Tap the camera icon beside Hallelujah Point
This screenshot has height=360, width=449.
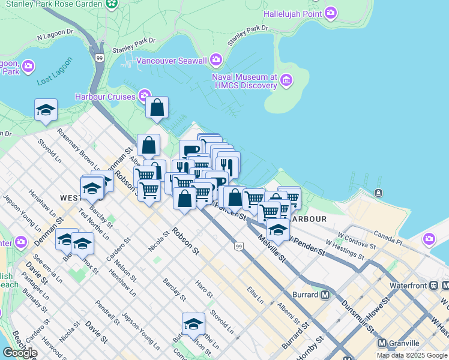[331, 13]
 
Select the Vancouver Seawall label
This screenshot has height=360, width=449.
[171, 60]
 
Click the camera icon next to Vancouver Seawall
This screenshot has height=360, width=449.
[216, 60]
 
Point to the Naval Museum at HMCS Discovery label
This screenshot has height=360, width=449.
[244, 81]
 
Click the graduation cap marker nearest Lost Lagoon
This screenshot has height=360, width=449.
[46, 110]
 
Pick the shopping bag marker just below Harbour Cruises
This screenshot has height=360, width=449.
[157, 108]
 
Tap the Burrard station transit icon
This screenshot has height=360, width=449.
[325, 295]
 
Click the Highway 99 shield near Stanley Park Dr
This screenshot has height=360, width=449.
[99, 58]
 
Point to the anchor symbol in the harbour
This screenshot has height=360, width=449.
[378, 193]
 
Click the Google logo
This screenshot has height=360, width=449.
[19, 352]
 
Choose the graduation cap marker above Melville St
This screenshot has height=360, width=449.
[277, 230]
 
